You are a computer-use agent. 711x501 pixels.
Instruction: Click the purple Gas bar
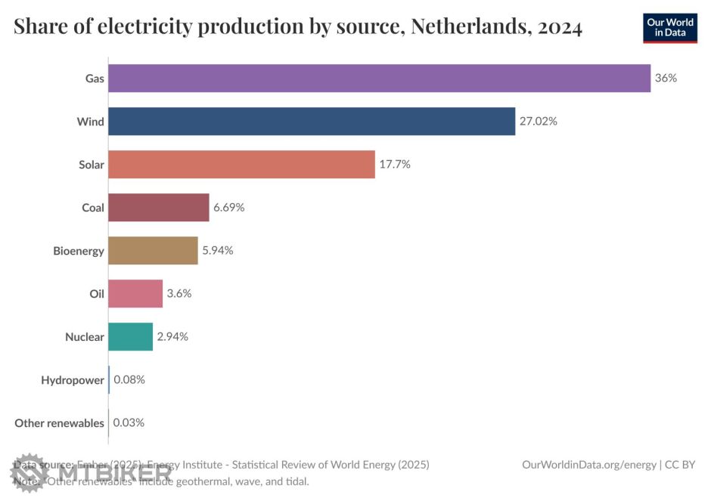coord(379,78)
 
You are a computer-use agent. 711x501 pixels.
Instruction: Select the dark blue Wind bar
coord(312,121)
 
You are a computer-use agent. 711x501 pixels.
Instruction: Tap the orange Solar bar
coord(241,164)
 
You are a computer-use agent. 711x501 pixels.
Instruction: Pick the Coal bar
coord(158,207)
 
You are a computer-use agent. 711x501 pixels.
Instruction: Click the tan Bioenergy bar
coord(153,250)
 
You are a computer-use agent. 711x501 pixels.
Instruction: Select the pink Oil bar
coord(135,293)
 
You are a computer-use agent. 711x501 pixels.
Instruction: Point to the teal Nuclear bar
coord(130,336)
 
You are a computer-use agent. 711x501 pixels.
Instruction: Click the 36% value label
coord(666,78)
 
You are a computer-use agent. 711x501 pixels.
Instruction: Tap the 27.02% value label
coord(538,121)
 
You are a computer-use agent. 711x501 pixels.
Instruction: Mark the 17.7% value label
coord(395,164)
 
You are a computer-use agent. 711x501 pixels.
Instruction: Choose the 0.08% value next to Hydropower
coord(129,379)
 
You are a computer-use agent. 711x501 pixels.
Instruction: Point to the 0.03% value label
coord(129,422)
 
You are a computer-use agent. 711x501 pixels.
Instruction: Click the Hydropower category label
coord(73,380)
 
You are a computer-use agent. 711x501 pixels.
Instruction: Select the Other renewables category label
coord(59,423)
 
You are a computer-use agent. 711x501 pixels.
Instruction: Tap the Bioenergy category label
coord(79,251)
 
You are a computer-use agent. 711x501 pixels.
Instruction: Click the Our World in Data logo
coord(670,27)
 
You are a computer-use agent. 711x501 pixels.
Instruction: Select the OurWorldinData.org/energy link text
coord(589,465)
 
